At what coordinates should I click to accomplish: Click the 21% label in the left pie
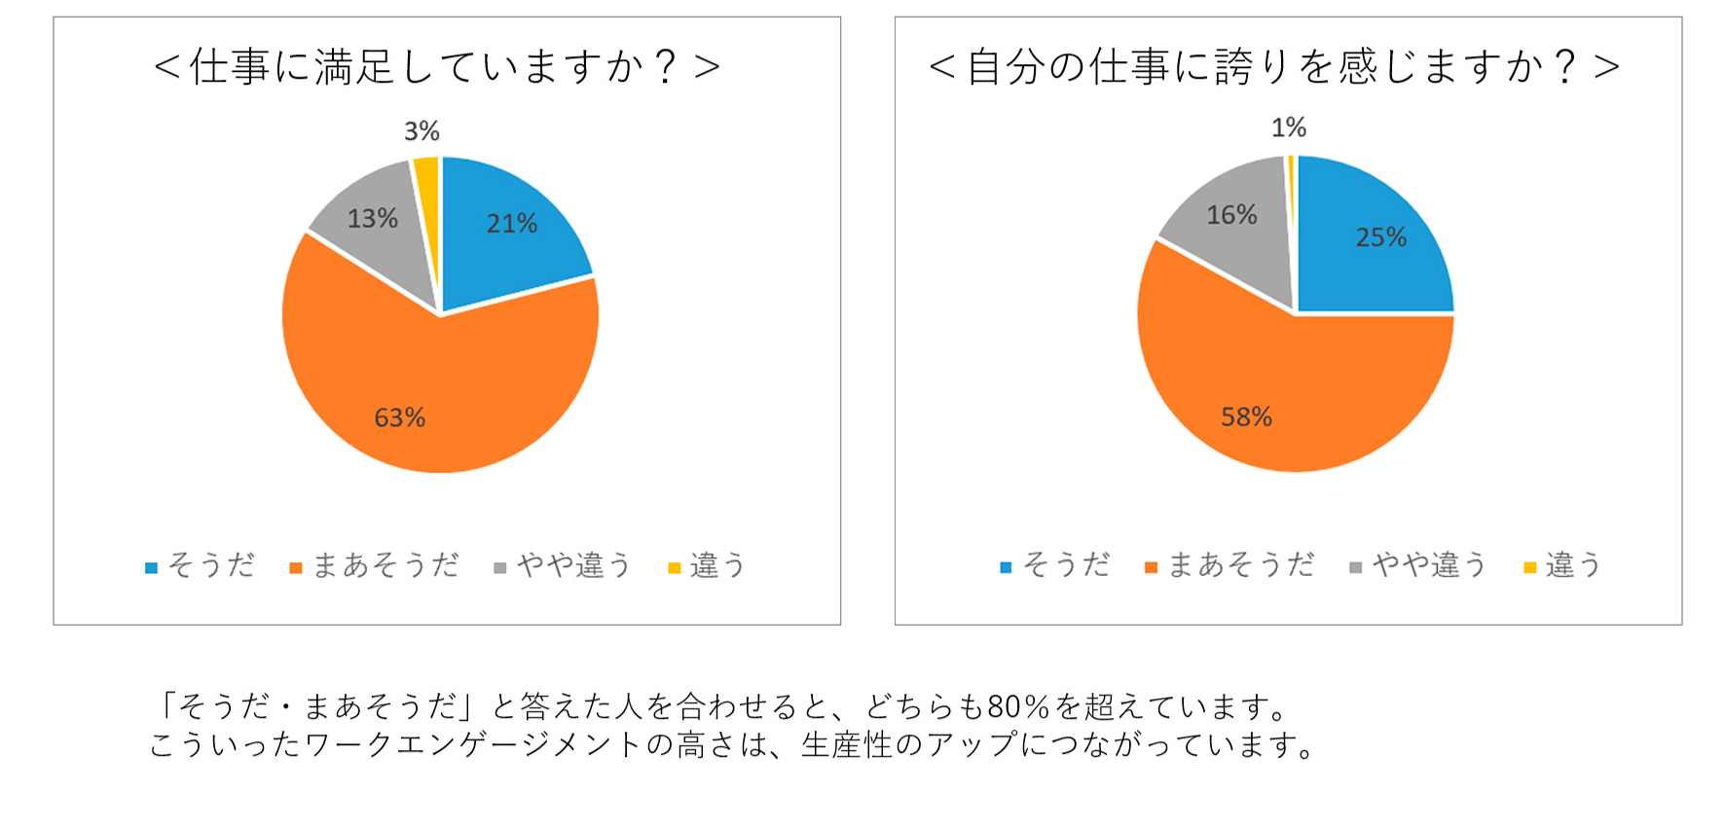coord(512,224)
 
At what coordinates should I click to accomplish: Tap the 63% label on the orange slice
coord(400,418)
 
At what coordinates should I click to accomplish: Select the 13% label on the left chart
coord(373,219)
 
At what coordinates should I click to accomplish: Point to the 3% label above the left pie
coord(422,131)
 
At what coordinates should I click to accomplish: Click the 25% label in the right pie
coord(1381,237)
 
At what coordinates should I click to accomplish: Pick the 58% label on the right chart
coord(1247,417)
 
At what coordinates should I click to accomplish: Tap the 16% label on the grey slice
coord(1231,215)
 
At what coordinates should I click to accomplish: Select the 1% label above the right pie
coord(1289,127)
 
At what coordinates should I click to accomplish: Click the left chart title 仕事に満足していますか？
coord(437,67)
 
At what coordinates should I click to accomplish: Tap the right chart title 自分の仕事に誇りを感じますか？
coord(1274,67)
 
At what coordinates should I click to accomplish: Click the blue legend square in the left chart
coord(151,568)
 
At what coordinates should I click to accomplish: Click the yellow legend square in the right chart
coord(1529,567)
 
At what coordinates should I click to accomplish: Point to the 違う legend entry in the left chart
coord(717,565)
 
